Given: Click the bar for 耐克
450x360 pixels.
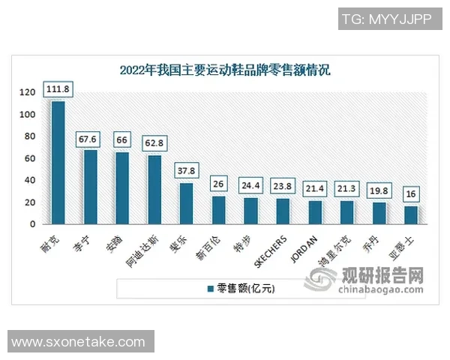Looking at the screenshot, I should coord(58,162).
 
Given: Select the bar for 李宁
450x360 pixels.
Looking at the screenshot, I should coord(90,187).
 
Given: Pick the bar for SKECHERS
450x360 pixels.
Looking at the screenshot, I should coord(283,211).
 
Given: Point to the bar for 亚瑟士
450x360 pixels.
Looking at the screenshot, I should coord(411,214).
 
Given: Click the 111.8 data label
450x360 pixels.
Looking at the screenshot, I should coord(58,89).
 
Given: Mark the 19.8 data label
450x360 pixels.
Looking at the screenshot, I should coord(379,190).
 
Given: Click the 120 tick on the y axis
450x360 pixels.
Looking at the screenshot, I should coord(28,92).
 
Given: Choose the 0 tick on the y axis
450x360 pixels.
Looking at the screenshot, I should coord(32,224).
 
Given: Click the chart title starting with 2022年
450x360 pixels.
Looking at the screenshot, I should coord(224,71).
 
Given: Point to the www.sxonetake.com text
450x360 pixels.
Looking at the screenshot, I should coord(79,342).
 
